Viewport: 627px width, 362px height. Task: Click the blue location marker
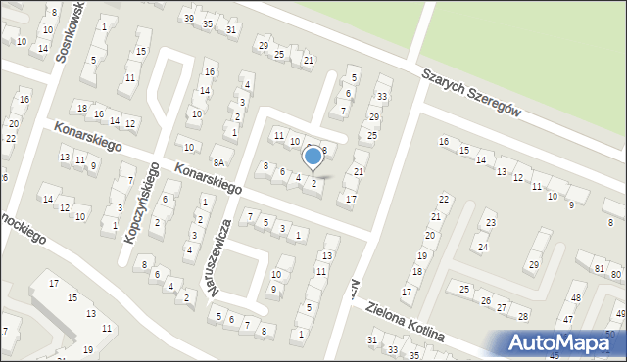[x=313, y=155]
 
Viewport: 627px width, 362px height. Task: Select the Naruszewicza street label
[x=225, y=256]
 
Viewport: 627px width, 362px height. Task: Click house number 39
[x=188, y=19]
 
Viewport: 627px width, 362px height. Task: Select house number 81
[x=599, y=268]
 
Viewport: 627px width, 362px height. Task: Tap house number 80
[x=614, y=274]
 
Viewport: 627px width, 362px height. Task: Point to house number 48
[x=576, y=298]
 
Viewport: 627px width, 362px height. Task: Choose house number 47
[x=568, y=320]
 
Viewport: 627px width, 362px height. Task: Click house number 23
[x=491, y=224]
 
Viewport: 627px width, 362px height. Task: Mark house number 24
[x=482, y=247]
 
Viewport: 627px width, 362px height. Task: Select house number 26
[x=487, y=299]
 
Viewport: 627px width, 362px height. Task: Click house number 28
[x=524, y=316]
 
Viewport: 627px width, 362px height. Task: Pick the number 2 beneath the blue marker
[x=313, y=183]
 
